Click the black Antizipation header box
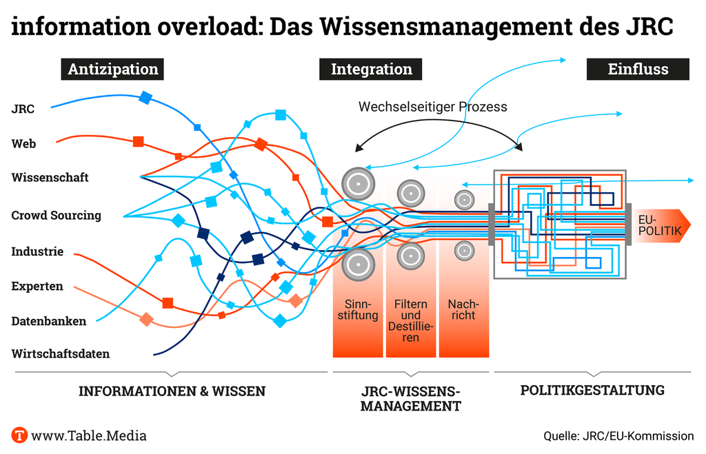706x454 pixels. coord(113,69)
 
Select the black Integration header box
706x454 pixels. coord(371,69)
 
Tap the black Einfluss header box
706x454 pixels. coord(637,69)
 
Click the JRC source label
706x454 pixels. coord(23,108)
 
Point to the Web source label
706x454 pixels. coord(23,144)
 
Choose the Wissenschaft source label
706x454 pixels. coord(50,178)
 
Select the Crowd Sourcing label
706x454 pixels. coord(56,216)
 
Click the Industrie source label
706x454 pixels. coord(37,252)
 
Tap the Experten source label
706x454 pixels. coord(37,287)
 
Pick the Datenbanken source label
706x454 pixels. coord(48,321)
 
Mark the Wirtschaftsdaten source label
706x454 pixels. coord(61,354)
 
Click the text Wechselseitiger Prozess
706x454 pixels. coord(432,107)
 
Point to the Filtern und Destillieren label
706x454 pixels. coord(411,321)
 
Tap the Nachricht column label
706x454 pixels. coord(463,310)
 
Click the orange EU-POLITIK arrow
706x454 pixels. coord(658,225)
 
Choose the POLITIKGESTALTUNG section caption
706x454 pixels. coord(592,391)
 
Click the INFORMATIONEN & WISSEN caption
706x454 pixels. coord(172,391)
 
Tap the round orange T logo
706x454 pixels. coord(19,435)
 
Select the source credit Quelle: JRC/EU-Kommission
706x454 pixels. coord(618,436)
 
